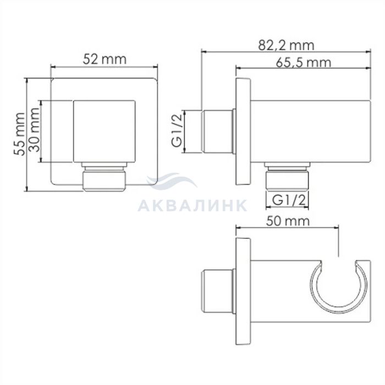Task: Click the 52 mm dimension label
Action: pyautogui.click(x=105, y=59)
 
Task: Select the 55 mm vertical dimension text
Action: pyautogui.click(x=19, y=134)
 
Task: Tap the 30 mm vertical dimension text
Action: pyautogui.click(x=34, y=130)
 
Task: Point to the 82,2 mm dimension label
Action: pyautogui.click(x=286, y=46)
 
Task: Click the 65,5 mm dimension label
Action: pyautogui.click(x=304, y=63)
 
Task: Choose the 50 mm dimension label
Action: pyautogui.click(x=288, y=221)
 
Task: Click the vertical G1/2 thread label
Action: pyautogui.click(x=177, y=131)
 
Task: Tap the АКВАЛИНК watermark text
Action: pyautogui.click(x=193, y=206)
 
